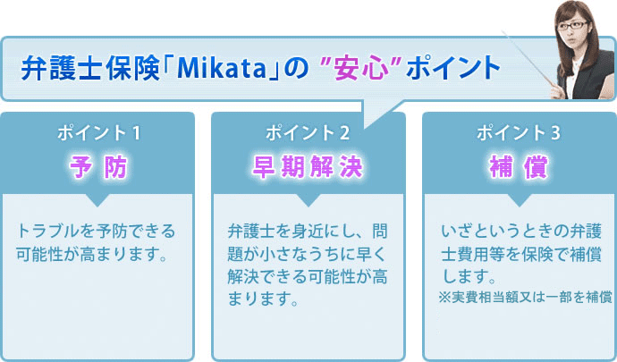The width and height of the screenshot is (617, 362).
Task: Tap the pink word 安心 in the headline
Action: [361, 68]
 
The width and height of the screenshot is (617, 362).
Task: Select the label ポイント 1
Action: [98, 133]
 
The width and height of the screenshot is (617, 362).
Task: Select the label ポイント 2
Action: [308, 133]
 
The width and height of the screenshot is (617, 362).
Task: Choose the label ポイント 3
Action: [519, 133]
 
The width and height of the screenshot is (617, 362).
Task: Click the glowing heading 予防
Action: [98, 167]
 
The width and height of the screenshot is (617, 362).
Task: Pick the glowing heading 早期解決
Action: [308, 167]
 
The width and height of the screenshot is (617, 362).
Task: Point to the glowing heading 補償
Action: [519, 167]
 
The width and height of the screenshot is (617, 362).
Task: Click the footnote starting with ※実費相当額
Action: [525, 297]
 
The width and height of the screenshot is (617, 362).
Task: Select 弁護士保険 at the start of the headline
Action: [90, 68]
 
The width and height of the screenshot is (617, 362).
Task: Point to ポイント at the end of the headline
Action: [453, 68]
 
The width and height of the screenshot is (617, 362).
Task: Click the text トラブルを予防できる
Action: [96, 231]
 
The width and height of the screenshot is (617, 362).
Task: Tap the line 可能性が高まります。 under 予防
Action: [92, 254]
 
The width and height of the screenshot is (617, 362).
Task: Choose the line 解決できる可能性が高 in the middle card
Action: [308, 276]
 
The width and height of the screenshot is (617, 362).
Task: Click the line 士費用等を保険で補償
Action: [521, 254]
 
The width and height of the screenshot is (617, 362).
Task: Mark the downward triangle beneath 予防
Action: [97, 199]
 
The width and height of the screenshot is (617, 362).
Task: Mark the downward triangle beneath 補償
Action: [520, 199]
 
